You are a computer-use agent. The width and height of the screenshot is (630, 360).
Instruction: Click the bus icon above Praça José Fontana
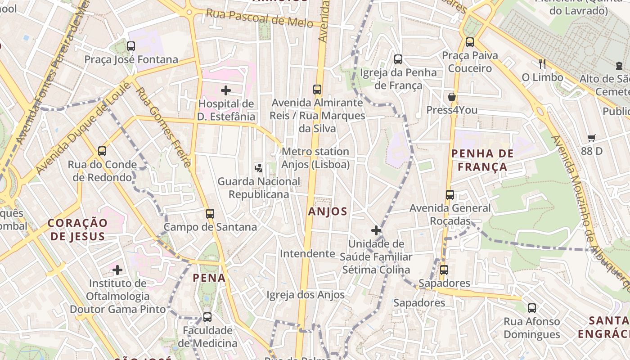click(131, 46)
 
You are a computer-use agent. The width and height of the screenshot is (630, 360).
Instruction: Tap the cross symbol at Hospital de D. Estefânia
click(226, 90)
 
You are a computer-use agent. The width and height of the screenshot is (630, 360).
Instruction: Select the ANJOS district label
click(328, 211)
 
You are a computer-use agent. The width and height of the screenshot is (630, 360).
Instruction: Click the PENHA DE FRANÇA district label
click(482, 160)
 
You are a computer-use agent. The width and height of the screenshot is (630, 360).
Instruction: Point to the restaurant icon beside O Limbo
click(542, 64)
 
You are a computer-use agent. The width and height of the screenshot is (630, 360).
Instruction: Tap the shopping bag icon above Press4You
click(452, 97)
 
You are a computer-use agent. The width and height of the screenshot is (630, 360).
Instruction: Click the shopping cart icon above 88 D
click(591, 138)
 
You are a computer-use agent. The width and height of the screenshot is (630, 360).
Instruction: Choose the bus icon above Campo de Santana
click(210, 213)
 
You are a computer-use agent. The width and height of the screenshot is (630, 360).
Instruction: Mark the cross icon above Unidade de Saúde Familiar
click(376, 230)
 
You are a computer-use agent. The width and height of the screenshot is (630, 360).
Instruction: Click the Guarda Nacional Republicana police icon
click(258, 168)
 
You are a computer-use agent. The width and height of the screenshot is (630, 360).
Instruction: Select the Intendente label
click(307, 254)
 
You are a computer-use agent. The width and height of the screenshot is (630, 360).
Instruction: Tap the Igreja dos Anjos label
click(306, 295)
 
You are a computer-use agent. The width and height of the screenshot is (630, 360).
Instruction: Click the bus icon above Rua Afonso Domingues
click(532, 308)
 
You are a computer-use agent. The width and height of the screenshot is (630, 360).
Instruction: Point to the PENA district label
click(209, 278)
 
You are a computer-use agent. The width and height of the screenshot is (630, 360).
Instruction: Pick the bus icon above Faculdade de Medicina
click(207, 317)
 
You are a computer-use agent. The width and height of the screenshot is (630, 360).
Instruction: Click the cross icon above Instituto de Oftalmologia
click(117, 270)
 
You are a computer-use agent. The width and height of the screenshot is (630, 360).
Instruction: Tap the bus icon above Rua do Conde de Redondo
click(102, 151)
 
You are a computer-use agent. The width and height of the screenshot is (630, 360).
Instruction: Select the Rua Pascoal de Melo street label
click(259, 18)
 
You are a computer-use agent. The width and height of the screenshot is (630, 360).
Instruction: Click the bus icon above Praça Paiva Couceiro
click(470, 42)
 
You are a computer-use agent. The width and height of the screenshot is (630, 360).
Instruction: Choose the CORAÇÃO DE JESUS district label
click(78, 229)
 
